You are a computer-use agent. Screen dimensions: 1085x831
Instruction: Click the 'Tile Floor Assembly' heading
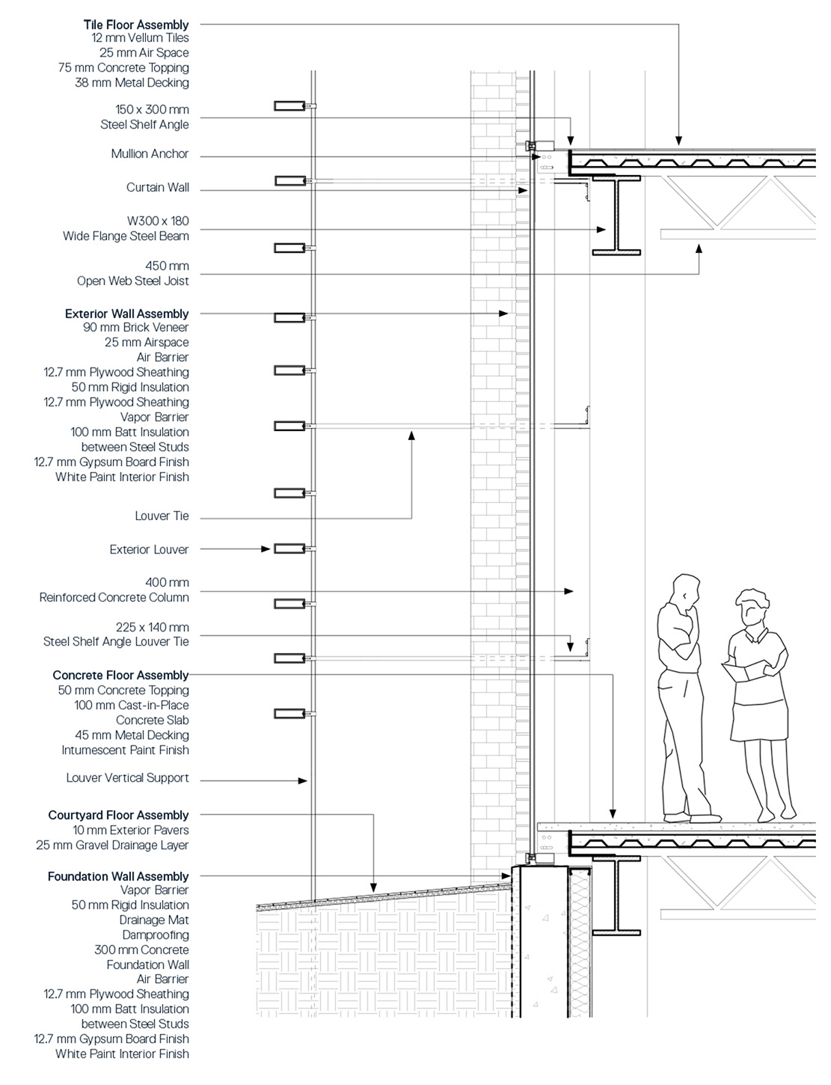[x=136, y=25]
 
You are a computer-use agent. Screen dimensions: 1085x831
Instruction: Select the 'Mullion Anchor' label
[x=150, y=154]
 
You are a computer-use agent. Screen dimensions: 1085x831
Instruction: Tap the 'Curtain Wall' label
[x=157, y=188]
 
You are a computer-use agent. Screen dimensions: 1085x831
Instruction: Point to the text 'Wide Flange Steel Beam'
[x=126, y=236]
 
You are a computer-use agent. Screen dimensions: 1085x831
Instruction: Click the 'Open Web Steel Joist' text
[x=132, y=281]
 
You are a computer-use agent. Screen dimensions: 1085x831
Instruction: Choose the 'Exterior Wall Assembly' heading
[x=126, y=314]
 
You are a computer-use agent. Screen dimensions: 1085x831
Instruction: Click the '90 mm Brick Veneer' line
[x=136, y=328]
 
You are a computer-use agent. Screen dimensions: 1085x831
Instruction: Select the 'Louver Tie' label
[x=162, y=516]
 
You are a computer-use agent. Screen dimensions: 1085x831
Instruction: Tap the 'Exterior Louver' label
[x=149, y=550]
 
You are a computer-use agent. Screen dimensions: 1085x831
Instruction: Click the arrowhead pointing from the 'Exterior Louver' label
[x=266, y=549]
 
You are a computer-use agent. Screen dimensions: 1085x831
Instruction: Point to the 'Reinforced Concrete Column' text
[x=114, y=598]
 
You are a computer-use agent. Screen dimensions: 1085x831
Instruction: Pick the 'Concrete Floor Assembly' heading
[x=120, y=676]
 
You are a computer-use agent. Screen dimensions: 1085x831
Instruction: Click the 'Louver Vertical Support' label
[x=127, y=778]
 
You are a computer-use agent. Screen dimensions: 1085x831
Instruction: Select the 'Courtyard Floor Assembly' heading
[x=118, y=816]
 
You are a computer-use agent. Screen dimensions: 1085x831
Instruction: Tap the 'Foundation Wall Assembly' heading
[x=118, y=876]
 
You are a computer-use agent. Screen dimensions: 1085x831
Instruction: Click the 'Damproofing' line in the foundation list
[x=156, y=935]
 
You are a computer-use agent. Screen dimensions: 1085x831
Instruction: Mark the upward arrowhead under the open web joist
[x=699, y=248]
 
